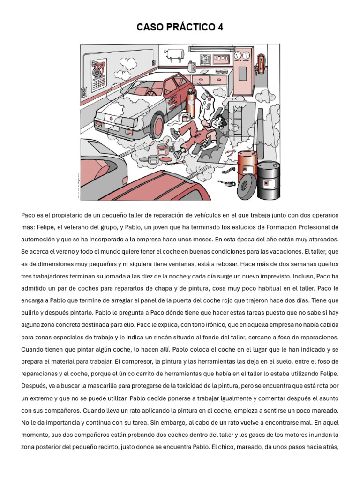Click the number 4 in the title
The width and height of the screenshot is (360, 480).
click(220, 28)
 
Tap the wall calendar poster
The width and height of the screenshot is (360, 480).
click(98, 72)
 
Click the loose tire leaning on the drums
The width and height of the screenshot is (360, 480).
click(247, 189)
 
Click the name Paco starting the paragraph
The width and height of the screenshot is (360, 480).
click(29, 215)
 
